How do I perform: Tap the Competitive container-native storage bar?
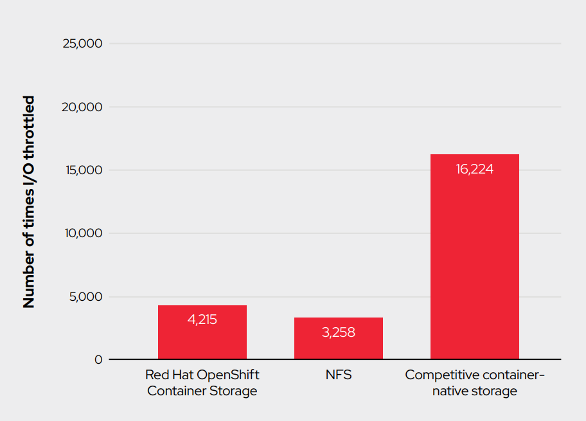475,257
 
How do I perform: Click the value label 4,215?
202,319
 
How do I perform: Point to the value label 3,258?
339,332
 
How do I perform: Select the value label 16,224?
475,169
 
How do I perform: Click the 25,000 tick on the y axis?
82,44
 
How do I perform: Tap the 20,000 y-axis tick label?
82,107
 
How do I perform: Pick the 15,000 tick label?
83,170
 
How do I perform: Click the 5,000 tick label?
86,297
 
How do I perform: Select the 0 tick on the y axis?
98,360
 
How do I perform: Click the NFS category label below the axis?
339,375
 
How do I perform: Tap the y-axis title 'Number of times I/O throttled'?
29,202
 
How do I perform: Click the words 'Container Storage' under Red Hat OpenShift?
202,391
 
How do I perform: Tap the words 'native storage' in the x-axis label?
475,391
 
